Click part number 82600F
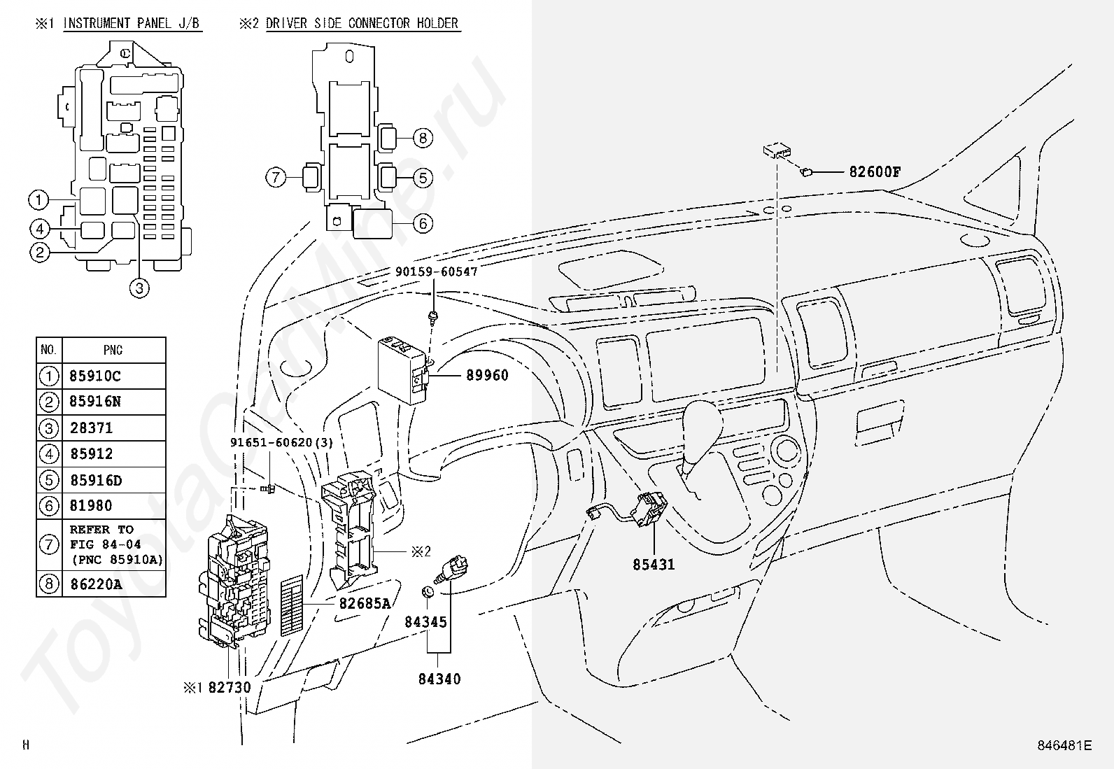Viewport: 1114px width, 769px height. click(x=875, y=171)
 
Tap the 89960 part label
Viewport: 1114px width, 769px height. click(x=487, y=375)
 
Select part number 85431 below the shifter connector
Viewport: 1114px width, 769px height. click(x=654, y=565)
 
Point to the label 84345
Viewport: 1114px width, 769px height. click(x=425, y=622)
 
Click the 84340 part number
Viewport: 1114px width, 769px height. click(x=439, y=679)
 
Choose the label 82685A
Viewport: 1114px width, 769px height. click(x=365, y=603)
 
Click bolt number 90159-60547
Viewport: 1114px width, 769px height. click(x=436, y=271)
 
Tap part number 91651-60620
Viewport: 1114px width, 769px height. click(x=271, y=442)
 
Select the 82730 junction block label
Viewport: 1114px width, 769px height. click(x=230, y=687)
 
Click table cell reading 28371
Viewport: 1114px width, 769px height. click(x=92, y=428)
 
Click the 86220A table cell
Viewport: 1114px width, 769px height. click(x=96, y=584)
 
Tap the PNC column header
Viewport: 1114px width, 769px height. click(x=113, y=350)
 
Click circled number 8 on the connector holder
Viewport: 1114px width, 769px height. click(x=423, y=138)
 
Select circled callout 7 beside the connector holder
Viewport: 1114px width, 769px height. click(x=276, y=177)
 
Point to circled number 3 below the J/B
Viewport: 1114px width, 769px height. click(x=139, y=288)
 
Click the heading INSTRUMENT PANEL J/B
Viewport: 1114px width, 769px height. click(x=132, y=23)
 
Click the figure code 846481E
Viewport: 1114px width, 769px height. click(x=1064, y=745)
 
